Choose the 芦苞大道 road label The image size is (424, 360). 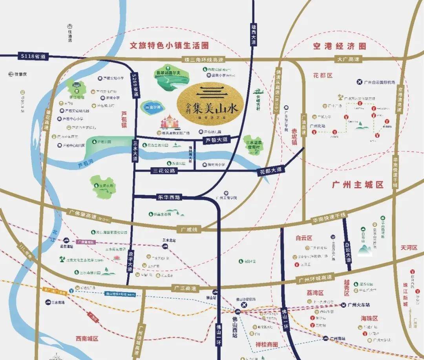coord(216,140)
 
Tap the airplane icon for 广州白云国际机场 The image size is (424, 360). coord(359,82)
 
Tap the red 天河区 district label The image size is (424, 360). coord(409,248)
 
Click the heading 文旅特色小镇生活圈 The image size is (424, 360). coord(169,46)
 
